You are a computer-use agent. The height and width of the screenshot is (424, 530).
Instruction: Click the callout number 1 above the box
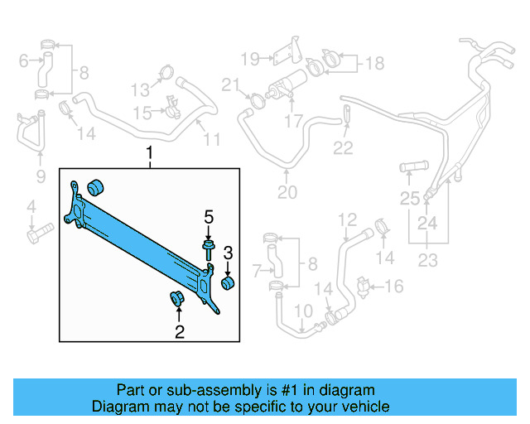tap(150, 153)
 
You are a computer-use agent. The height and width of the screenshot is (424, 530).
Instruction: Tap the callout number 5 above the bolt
tap(209, 217)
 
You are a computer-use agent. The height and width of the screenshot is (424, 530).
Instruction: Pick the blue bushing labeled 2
tap(176, 299)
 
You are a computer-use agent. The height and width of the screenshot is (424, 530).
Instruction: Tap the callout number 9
tap(40, 176)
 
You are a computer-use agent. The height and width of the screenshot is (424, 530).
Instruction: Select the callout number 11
tap(212, 139)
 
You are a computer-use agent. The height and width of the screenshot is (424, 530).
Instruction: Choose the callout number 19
tap(250, 58)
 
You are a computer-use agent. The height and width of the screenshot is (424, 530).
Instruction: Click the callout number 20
tap(287, 193)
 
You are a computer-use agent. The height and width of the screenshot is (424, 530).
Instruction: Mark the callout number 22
tap(343, 148)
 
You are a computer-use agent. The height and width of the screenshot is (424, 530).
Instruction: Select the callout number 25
tap(409, 198)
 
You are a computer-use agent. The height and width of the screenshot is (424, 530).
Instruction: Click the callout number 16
tap(394, 287)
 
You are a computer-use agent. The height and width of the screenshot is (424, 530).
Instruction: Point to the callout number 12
tap(347, 219)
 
